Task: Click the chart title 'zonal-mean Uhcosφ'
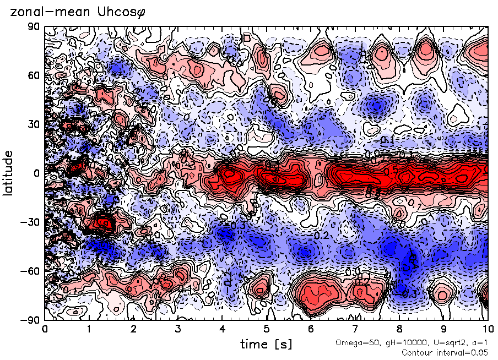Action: pos(74,13)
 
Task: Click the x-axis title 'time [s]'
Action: pos(266,345)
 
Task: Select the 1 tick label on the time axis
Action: pos(89,329)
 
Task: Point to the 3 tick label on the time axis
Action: pos(177,329)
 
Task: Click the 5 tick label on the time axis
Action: pos(266,329)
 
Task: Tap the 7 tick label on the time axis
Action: pos(355,329)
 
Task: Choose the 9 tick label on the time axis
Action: pos(443,329)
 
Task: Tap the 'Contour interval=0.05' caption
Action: pos(445,352)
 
